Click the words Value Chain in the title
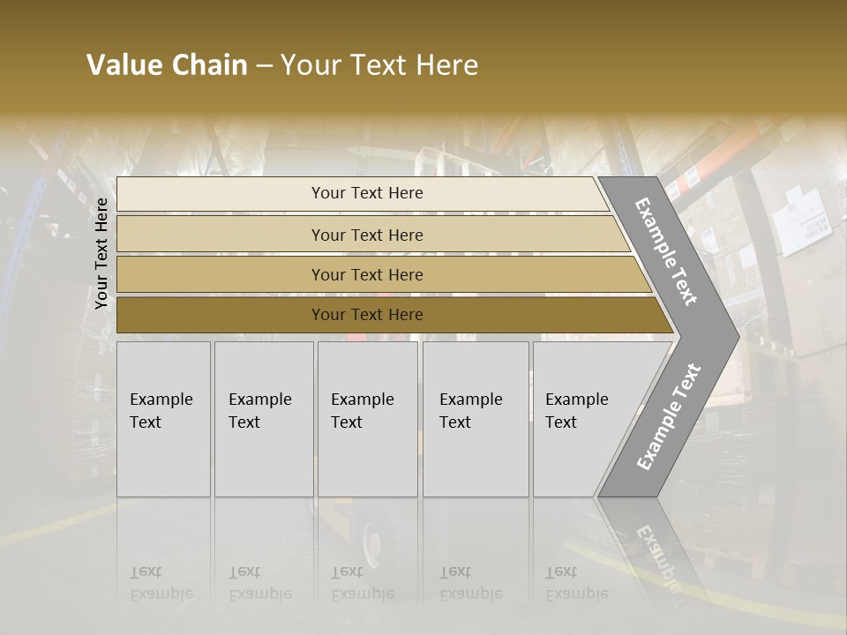pyautogui.click(x=167, y=65)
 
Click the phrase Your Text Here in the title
pyautogui.click(x=379, y=65)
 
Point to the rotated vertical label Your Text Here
pyautogui.click(x=101, y=253)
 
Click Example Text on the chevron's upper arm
pyautogui.click(x=666, y=252)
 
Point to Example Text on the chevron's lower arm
pyautogui.click(x=668, y=417)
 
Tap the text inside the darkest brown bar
pyautogui.click(x=367, y=315)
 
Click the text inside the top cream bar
pyautogui.click(x=367, y=193)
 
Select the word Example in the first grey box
pyautogui.click(x=161, y=400)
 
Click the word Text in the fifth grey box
pyautogui.click(x=560, y=422)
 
